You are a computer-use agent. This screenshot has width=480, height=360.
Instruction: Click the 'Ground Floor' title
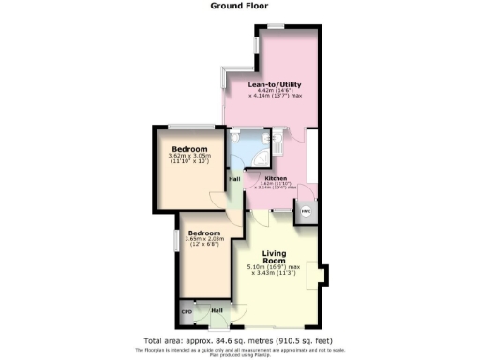pyautogui.click(x=239, y=5)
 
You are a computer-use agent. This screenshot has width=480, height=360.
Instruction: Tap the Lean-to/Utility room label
pyautogui.click(x=274, y=84)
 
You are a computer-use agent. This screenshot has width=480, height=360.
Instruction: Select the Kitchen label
pyautogui.click(x=275, y=177)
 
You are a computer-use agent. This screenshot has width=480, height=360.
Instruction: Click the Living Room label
pyautogui.click(x=274, y=255)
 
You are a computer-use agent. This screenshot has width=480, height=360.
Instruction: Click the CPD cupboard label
pyautogui.click(x=187, y=310)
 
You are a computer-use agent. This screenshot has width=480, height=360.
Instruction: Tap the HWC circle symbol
pyautogui.click(x=306, y=212)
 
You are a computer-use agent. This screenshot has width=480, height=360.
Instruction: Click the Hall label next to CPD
pyautogui.click(x=217, y=310)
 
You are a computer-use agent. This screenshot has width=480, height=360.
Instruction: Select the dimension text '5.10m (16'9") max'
pyautogui.click(x=274, y=267)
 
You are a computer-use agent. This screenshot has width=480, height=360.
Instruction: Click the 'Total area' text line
pyautogui.click(x=239, y=339)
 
